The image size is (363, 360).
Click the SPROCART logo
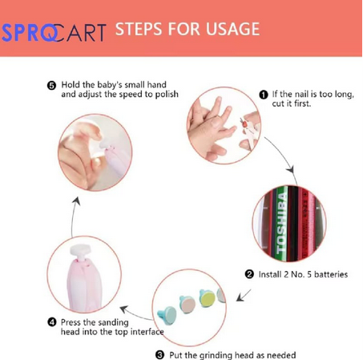54,33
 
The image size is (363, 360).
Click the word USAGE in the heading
232,29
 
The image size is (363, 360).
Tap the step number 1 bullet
264,95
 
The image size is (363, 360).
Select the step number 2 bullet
249,274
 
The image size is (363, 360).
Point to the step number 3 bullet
159,355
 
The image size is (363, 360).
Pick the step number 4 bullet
52,322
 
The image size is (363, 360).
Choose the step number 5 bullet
51,86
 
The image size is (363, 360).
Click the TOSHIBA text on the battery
281,224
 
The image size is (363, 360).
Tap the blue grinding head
167,315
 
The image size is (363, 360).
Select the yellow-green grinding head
208,298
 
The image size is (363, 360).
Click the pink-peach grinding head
188,305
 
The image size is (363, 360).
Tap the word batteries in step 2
331,274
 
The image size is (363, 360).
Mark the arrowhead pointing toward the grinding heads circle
240,297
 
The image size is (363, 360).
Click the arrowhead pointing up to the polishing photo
77,201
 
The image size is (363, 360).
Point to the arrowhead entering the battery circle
291,170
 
